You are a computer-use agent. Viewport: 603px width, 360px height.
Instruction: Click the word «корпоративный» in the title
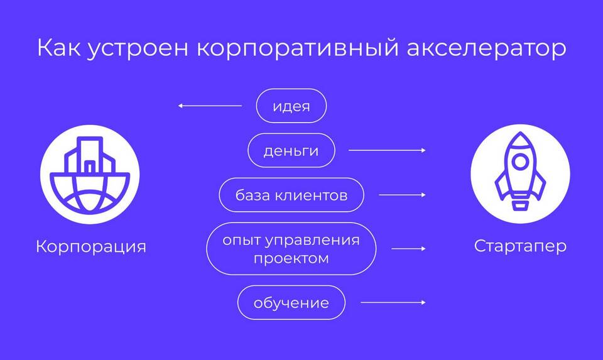(x=298, y=48)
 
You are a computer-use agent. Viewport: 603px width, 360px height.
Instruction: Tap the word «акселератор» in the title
(x=486, y=48)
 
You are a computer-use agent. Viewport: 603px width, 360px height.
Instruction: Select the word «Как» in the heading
(x=59, y=48)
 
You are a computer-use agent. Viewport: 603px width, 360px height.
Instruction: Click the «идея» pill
(x=291, y=106)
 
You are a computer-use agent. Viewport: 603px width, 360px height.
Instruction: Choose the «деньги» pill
(x=291, y=150)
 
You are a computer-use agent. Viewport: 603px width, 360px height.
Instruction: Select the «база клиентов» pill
(x=291, y=195)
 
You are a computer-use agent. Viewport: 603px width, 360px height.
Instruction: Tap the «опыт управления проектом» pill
(x=291, y=248)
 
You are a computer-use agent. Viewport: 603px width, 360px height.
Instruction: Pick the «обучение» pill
(x=291, y=303)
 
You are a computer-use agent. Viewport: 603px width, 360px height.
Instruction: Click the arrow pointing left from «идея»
(x=210, y=106)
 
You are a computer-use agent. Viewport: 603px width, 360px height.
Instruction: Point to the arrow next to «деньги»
(x=387, y=150)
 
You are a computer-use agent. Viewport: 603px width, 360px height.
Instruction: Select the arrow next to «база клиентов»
(x=402, y=195)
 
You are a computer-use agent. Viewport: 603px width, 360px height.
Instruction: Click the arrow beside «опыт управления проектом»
(x=408, y=248)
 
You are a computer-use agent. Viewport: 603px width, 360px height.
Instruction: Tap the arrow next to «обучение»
(x=393, y=303)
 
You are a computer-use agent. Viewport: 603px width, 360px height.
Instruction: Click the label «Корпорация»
(x=91, y=246)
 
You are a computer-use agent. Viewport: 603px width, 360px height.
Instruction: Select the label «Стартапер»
(x=520, y=246)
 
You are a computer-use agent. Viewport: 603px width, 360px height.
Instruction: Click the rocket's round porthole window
(x=520, y=162)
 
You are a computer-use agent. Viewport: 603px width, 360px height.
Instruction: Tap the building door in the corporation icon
(x=89, y=167)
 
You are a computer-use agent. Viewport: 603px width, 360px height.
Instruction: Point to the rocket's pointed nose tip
(x=520, y=133)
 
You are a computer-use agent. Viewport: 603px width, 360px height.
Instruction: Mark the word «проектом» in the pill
(x=291, y=258)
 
